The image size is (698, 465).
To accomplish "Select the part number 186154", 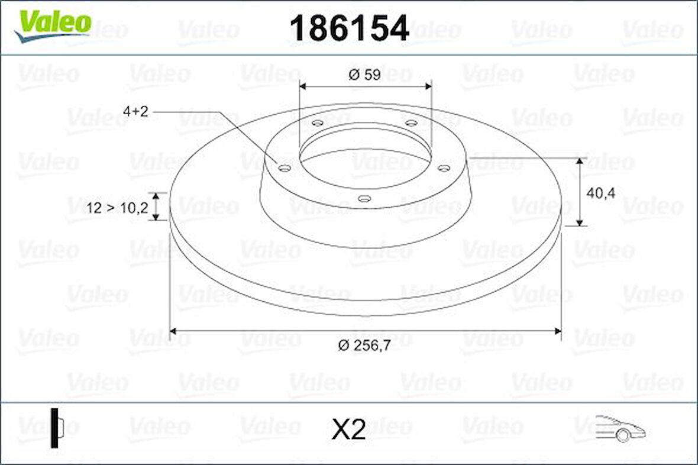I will [349, 28].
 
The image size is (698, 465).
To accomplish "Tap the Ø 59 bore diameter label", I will [364, 75].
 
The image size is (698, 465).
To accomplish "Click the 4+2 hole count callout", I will [135, 112].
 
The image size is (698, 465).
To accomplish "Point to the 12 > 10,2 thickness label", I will [117, 208].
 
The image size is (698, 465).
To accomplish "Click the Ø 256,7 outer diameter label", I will [364, 347].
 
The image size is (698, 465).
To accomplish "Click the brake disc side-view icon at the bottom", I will [56, 427].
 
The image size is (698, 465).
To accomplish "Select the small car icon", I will [620, 428].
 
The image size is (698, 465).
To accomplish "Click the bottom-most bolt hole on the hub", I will [365, 199].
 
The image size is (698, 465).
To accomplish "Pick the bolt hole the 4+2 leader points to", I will [285, 169].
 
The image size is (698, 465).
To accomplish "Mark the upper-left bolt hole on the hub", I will [318, 123].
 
